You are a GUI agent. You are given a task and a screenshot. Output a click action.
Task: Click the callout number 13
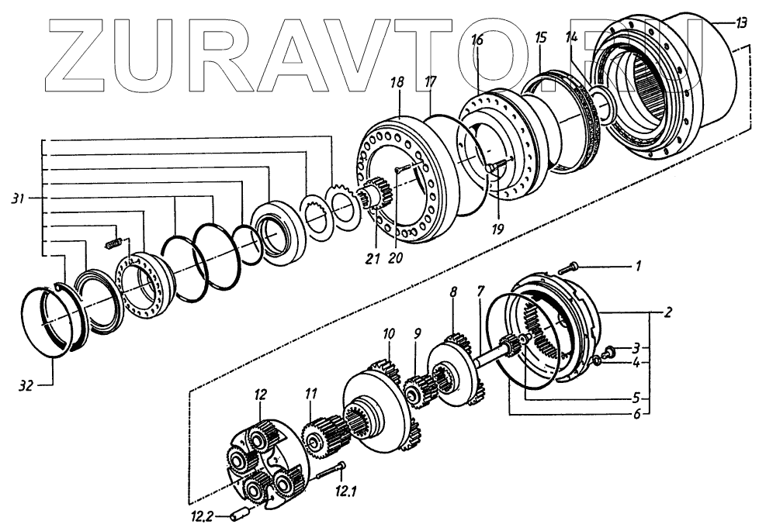pos(742,24)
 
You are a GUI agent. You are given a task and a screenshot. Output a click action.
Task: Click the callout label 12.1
pos(345,490)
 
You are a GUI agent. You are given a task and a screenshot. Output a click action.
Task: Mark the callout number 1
pos(637,267)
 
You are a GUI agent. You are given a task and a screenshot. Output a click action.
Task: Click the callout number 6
pos(637,415)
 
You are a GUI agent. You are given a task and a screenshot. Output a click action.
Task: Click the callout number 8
pos(454,292)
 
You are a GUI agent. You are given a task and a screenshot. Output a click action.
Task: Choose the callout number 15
pos(541,36)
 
